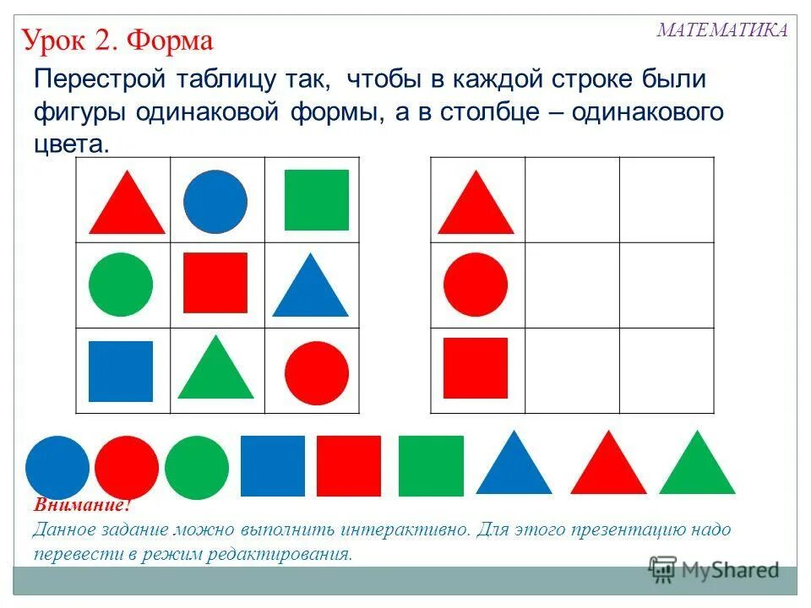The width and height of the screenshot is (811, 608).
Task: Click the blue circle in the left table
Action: (x=215, y=202)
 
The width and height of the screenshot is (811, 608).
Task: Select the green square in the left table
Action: (x=316, y=200)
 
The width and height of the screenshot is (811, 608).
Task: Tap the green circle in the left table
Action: (x=121, y=285)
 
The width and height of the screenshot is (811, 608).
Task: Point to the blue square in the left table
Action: (x=121, y=372)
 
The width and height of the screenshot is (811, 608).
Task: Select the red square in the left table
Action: (x=215, y=283)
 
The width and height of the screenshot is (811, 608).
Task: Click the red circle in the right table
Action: (x=476, y=285)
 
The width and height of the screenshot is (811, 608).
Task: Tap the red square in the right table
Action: (x=476, y=368)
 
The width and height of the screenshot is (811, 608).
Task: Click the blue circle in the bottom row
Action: (x=57, y=468)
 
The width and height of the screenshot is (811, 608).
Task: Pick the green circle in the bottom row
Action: (x=197, y=468)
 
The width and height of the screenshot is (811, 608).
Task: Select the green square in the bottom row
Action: (x=431, y=466)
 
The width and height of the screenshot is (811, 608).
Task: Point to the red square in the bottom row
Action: (x=349, y=466)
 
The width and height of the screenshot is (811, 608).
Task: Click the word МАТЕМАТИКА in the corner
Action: (x=722, y=30)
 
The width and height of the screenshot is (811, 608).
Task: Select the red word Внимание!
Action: (x=82, y=507)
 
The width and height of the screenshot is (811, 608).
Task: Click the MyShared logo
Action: (x=714, y=569)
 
